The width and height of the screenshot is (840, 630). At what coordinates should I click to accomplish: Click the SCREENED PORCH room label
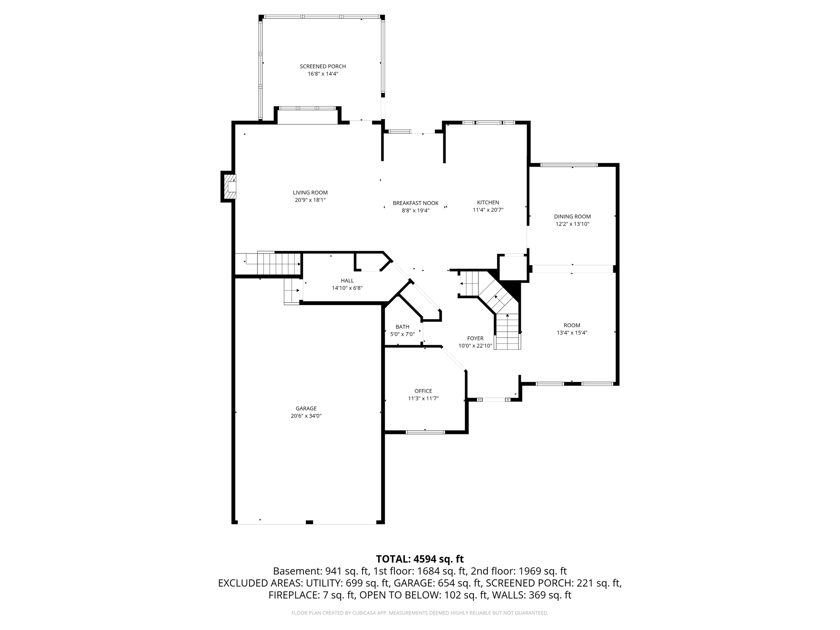(x=323, y=66)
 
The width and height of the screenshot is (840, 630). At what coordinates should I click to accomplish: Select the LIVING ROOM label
(x=310, y=193)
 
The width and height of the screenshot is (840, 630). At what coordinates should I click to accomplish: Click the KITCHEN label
(x=488, y=203)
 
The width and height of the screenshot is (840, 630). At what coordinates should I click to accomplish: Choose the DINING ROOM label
(x=572, y=217)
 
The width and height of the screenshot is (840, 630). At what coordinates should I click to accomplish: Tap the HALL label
(x=347, y=281)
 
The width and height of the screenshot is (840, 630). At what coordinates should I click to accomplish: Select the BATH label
(x=402, y=327)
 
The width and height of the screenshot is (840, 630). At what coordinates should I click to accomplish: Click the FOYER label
(x=475, y=338)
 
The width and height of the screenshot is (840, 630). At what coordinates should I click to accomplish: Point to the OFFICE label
(x=423, y=391)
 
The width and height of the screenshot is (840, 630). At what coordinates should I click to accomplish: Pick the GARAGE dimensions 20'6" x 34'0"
(x=306, y=416)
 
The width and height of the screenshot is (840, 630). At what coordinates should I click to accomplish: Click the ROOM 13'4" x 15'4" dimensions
(x=572, y=333)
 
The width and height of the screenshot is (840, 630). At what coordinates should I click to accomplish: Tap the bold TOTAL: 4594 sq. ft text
(x=420, y=559)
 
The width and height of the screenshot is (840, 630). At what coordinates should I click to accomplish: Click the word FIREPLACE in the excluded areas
(x=292, y=595)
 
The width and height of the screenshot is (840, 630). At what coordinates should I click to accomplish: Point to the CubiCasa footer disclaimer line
(x=420, y=613)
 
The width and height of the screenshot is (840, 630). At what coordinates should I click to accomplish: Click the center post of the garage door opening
(x=309, y=522)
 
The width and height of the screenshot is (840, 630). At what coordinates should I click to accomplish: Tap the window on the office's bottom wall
(x=425, y=432)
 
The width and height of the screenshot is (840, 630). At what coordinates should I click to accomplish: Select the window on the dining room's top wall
(x=569, y=165)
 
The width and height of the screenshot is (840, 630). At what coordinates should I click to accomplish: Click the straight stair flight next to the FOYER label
(x=508, y=331)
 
